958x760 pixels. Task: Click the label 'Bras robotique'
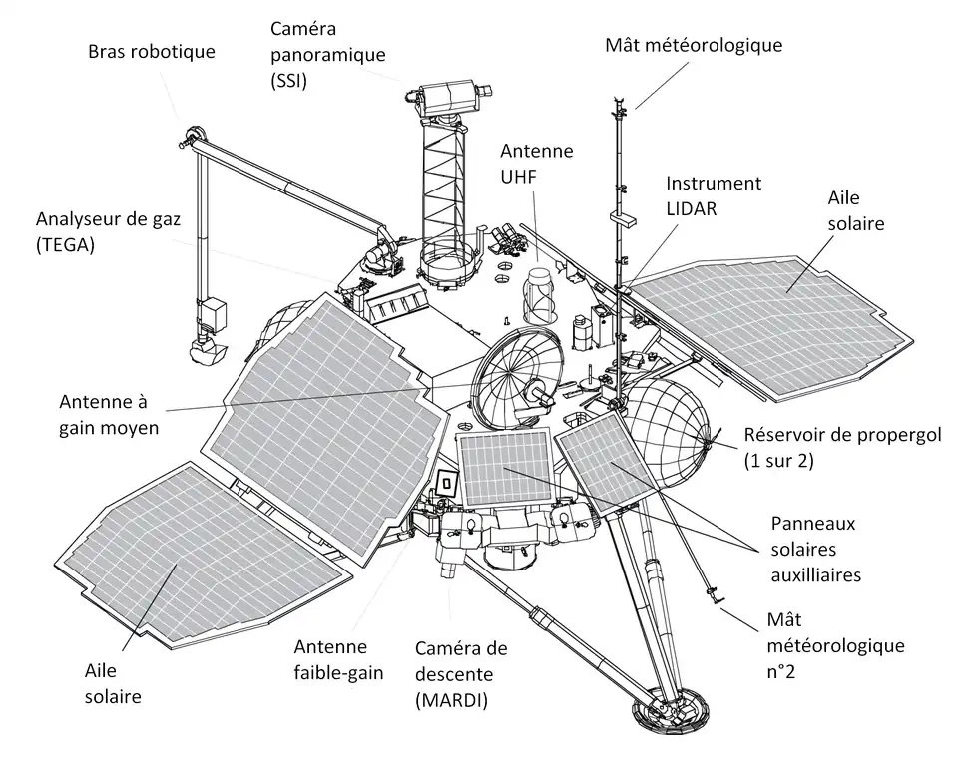[151, 51]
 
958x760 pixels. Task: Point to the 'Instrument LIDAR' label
[714, 196]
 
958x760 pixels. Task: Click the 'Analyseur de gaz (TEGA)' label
[108, 231]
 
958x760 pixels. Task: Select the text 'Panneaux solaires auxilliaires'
[815, 549]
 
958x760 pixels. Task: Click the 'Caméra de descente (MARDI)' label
[461, 674]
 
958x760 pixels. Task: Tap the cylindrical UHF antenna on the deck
[539, 294]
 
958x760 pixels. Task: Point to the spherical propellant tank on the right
[672, 420]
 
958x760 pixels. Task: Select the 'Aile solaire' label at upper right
[855, 211]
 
